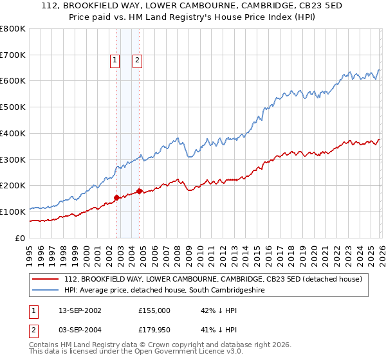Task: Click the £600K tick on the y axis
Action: tap(13, 81)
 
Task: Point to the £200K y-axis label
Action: tap(13, 186)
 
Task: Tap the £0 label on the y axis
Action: tap(21, 238)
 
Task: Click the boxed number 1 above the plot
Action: tap(115, 61)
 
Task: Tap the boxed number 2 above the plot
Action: tap(138, 61)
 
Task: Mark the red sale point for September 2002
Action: tap(116, 197)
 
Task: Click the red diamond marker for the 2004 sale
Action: tap(139, 191)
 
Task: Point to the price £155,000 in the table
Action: tap(154, 310)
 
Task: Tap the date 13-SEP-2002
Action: tap(80, 310)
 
